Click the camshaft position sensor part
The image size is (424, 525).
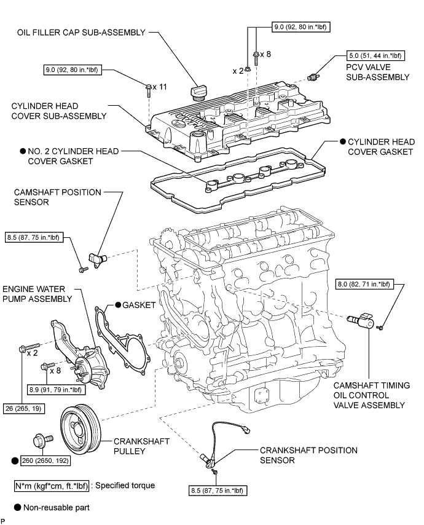98,255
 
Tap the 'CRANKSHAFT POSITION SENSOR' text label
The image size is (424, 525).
308,455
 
